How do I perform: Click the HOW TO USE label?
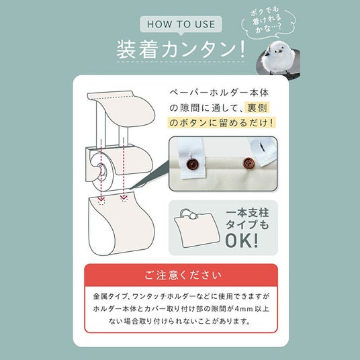coord(181,24)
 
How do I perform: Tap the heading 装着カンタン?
coord(181,49)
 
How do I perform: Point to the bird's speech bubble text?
coord(266,20)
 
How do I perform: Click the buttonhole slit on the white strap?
coord(262,147)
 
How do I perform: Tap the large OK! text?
coord(242,240)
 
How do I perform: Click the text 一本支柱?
coord(247,213)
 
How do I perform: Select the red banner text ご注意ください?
coord(183,275)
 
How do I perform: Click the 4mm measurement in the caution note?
coord(243,309)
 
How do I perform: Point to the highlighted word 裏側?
coord(257,107)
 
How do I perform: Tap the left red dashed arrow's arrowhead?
coord(101,198)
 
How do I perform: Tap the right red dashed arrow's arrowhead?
coord(124,197)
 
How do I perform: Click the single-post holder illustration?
coord(196,228)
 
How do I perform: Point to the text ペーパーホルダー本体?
coord(219,93)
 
